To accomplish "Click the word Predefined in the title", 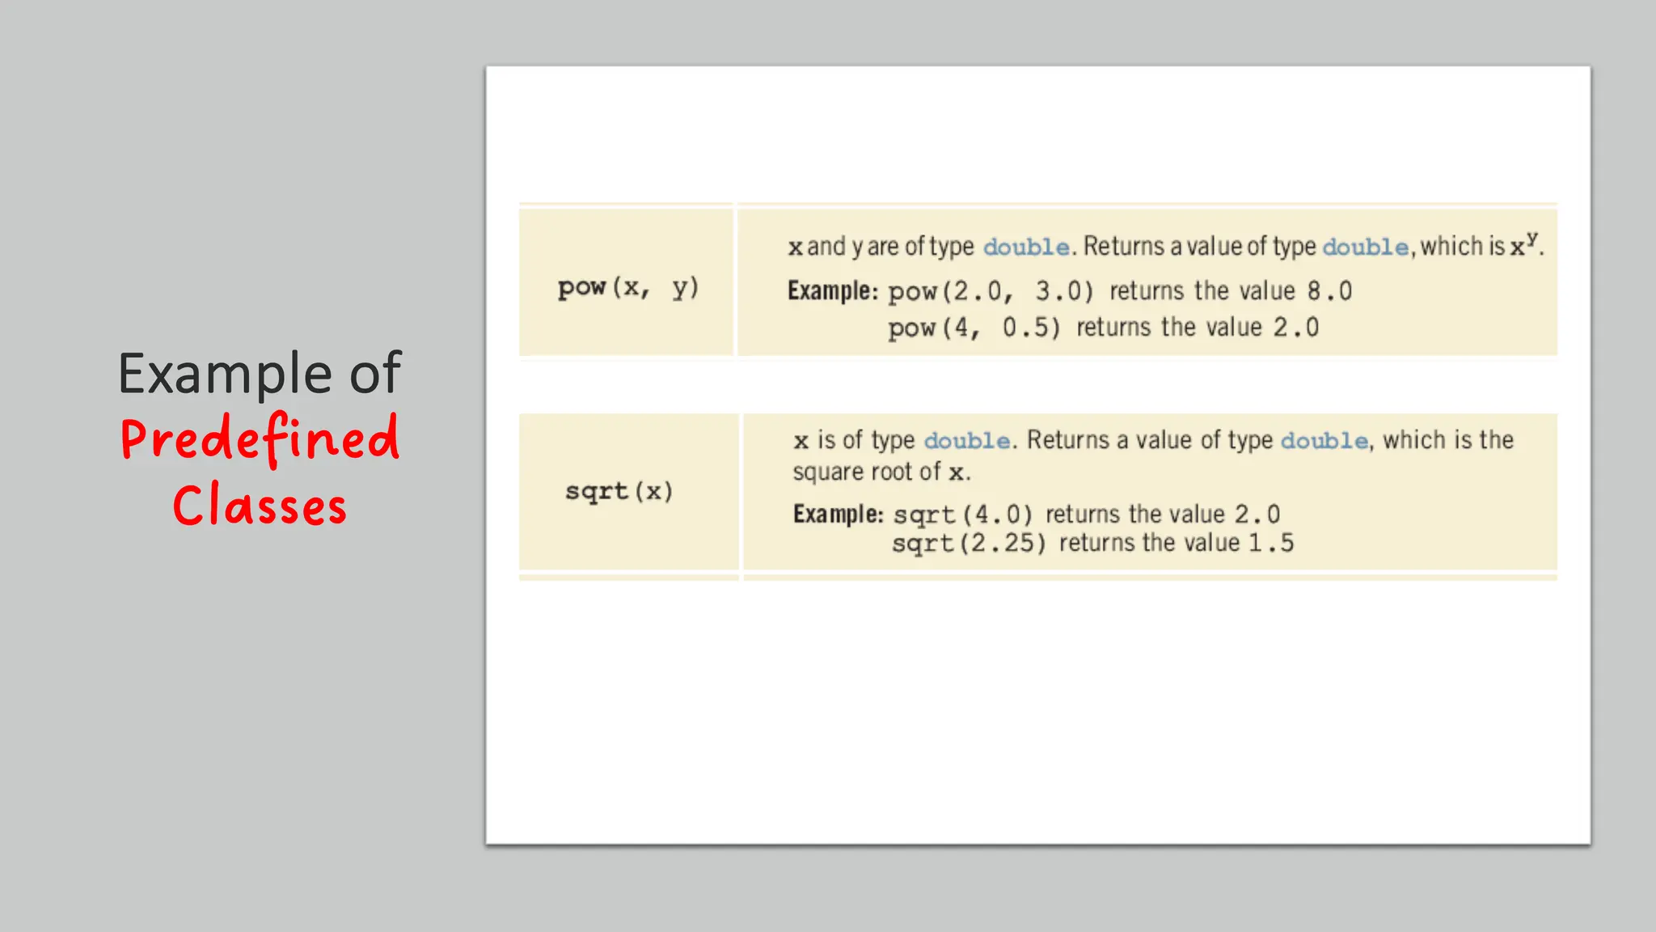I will coord(260,438).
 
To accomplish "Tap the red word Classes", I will coord(260,506).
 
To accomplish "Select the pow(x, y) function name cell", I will coord(627,287).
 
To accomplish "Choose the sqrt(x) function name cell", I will coord(619,491).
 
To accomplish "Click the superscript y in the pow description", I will coord(1531,239).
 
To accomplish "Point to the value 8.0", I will coord(1329,291).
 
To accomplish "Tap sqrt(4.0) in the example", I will coord(963,515).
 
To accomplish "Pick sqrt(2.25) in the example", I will coord(969,543).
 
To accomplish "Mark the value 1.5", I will coord(1271,543).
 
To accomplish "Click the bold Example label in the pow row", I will coord(832,290).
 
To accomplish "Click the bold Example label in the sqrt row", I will coord(838,514).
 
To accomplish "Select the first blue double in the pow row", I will coord(1026,247).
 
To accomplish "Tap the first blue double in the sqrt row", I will coord(967,441).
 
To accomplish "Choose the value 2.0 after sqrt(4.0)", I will coord(1257,515).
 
